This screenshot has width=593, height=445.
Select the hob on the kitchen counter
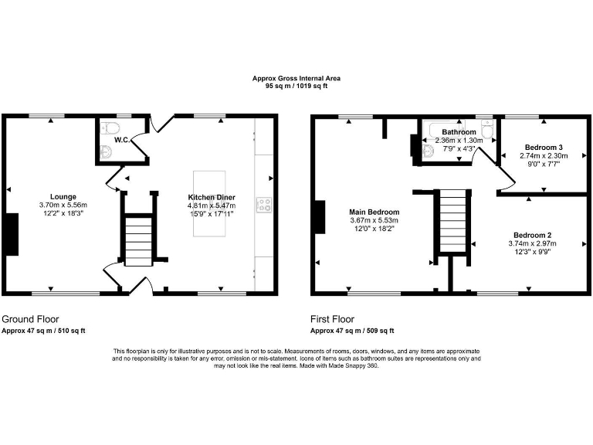point(264,205)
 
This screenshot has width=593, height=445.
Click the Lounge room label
point(63,196)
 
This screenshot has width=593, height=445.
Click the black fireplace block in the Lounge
point(12,233)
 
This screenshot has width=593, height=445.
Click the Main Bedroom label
point(374,212)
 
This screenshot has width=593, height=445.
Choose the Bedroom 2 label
point(533,235)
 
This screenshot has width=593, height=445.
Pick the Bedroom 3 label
point(544,147)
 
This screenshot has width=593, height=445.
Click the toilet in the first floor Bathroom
point(487,128)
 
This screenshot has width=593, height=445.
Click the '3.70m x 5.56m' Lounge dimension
point(63,205)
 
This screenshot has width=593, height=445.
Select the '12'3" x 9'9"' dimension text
point(533,252)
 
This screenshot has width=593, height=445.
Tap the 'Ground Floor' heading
point(30,318)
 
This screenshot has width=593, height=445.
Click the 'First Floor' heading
point(332,318)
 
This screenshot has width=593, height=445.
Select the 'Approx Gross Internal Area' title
point(296,78)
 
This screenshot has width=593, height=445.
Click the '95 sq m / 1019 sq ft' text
point(296,86)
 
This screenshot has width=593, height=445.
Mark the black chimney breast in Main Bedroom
point(319,216)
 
